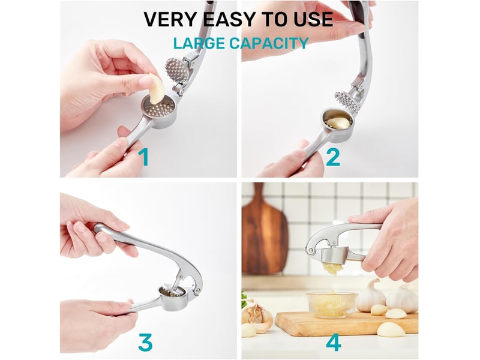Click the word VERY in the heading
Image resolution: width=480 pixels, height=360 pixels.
(x=170, y=19)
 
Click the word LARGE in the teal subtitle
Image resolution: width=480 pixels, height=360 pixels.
(x=199, y=43)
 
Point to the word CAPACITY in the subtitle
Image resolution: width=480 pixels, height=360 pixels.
(x=269, y=43)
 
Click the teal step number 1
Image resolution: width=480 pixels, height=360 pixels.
(x=143, y=157)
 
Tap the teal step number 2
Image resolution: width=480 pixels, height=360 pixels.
(x=333, y=157)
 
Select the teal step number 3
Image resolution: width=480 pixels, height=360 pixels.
(x=145, y=342)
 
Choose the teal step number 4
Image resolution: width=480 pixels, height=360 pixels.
(x=334, y=342)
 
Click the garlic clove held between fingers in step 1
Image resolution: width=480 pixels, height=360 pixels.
(x=157, y=89)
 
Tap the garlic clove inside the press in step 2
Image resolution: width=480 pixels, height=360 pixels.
(x=337, y=123)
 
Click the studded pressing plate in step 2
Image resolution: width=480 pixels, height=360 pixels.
(x=346, y=101)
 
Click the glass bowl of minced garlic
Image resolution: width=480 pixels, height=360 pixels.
(x=332, y=304)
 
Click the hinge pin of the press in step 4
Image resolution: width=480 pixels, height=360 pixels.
(x=311, y=251)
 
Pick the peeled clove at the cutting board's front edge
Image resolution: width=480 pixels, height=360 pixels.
(x=391, y=330)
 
